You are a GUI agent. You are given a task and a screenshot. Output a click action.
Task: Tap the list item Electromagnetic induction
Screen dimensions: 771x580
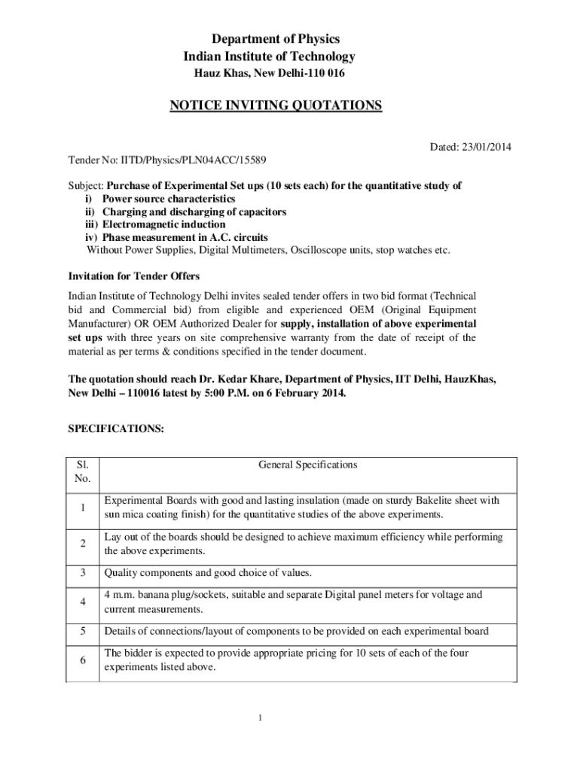[163, 224]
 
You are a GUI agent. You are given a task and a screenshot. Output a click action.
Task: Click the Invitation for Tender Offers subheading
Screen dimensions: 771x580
[134, 276]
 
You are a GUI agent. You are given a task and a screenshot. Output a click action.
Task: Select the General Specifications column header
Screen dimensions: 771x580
[307, 465]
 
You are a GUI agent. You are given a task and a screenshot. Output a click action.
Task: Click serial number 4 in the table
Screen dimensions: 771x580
[82, 602]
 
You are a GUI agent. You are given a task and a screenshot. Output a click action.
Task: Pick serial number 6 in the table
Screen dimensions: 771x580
[82, 660]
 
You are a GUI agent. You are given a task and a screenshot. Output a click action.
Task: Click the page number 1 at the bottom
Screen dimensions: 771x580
[259, 718]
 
